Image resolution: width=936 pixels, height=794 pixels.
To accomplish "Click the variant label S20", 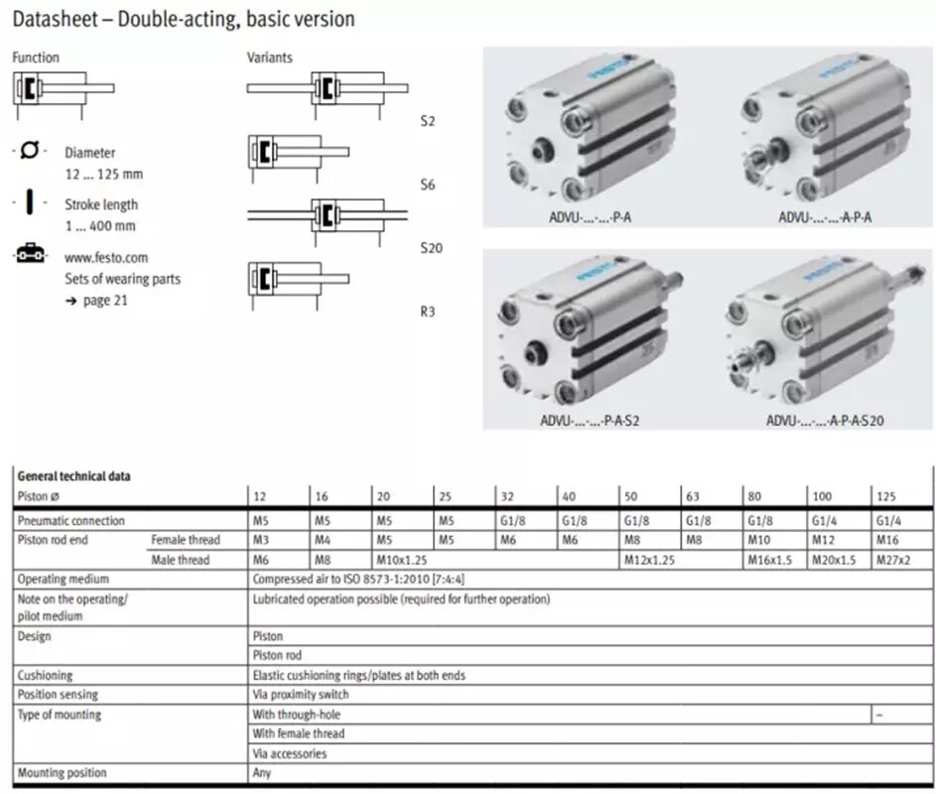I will [431, 248].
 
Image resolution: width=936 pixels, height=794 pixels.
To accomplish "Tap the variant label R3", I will [428, 312].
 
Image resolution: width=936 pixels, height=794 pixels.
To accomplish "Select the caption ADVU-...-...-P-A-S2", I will [590, 420].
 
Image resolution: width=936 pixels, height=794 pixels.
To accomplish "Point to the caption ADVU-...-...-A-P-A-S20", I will [825, 420].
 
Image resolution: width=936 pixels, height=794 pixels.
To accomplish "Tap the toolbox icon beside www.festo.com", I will [30, 255].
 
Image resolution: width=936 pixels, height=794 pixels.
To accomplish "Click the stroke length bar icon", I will [30, 202].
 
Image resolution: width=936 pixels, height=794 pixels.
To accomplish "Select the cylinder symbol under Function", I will [64, 88].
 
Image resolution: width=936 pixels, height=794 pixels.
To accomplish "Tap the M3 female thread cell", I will [261, 540].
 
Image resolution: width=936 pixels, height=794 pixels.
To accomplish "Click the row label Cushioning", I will [46, 675].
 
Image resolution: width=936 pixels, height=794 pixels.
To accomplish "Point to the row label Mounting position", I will [62, 772].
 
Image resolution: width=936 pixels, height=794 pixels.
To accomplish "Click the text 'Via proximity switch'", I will [301, 695].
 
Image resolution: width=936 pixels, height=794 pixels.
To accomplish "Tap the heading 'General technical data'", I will [73, 476].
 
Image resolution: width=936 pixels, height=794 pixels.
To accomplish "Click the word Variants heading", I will [270, 58].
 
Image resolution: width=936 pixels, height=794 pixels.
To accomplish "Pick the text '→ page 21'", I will [96, 301].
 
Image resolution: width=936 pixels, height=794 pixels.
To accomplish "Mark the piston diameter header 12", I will [260, 495].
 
